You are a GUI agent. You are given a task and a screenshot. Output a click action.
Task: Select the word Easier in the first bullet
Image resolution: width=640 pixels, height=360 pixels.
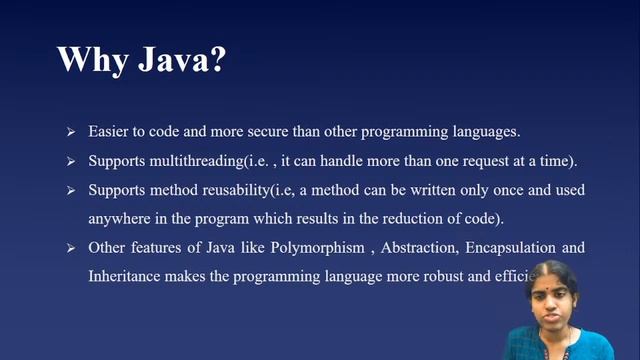click(x=108, y=132)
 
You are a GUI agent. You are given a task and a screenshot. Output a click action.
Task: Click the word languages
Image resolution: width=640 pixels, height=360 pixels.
click(x=485, y=132)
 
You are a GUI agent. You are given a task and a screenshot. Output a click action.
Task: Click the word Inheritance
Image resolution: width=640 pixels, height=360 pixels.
click(x=126, y=274)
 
